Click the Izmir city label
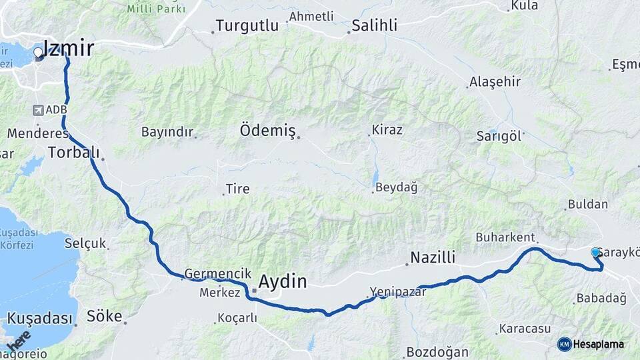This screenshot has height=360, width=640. click(x=68, y=48)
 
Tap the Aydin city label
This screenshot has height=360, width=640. click(x=283, y=282)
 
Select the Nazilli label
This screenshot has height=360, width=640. click(x=432, y=258)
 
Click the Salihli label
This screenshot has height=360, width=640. click(x=375, y=26)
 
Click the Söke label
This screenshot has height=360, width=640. click(x=105, y=315)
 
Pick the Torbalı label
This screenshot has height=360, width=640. click(x=73, y=153)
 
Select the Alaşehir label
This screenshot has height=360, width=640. click(x=495, y=82)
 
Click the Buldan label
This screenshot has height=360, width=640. click(x=588, y=205)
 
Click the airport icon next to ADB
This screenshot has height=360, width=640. click(x=38, y=109)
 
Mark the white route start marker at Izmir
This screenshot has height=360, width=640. click(x=38, y=51)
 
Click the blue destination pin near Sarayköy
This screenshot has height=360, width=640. click(x=595, y=253)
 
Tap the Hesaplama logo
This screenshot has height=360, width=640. click(x=591, y=344)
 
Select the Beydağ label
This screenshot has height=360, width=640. click(x=396, y=189)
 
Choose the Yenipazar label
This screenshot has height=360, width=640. click(x=397, y=291)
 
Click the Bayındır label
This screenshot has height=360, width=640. click(x=167, y=131)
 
